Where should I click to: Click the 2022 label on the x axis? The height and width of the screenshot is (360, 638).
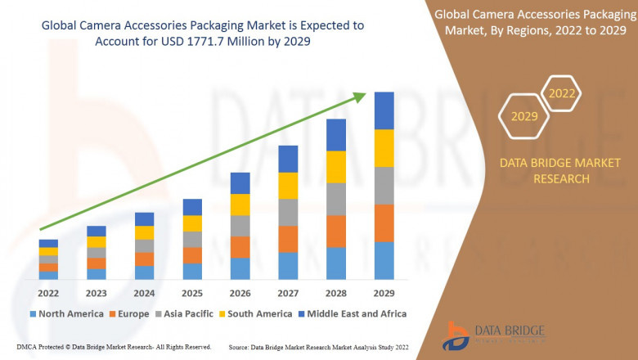48,293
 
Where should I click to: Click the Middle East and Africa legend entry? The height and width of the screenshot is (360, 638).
353,313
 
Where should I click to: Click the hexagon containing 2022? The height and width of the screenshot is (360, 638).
562,93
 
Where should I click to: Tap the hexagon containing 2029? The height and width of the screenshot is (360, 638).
524,116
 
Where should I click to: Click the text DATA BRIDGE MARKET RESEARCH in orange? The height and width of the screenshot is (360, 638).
544,171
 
